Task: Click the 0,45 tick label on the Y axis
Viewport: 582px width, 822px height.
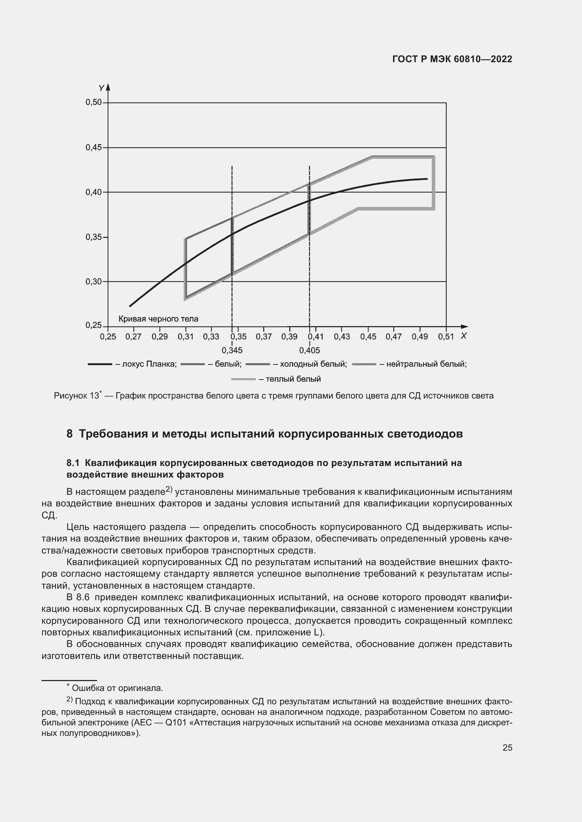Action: point(93,147)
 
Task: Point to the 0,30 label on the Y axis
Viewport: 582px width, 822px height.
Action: point(93,281)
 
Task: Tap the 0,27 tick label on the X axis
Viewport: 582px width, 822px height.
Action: point(133,337)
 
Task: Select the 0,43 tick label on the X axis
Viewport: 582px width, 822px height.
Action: point(342,337)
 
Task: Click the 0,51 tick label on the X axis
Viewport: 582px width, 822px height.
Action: point(446,337)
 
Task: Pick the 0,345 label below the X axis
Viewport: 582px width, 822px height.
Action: point(232,350)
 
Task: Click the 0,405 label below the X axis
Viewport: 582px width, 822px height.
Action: point(310,350)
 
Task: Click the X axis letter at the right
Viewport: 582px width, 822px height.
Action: point(464,336)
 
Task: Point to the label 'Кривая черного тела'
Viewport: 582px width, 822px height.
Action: point(158,319)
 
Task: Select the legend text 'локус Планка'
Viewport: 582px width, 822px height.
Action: point(149,364)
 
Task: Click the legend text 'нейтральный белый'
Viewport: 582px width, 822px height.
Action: point(426,364)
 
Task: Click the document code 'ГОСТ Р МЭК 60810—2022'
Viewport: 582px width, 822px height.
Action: point(452,59)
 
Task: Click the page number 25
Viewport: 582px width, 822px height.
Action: point(507,747)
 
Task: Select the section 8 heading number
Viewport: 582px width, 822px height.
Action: point(70,434)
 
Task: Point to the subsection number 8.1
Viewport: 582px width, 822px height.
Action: point(73,463)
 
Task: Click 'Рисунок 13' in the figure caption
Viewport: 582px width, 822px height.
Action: point(76,396)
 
